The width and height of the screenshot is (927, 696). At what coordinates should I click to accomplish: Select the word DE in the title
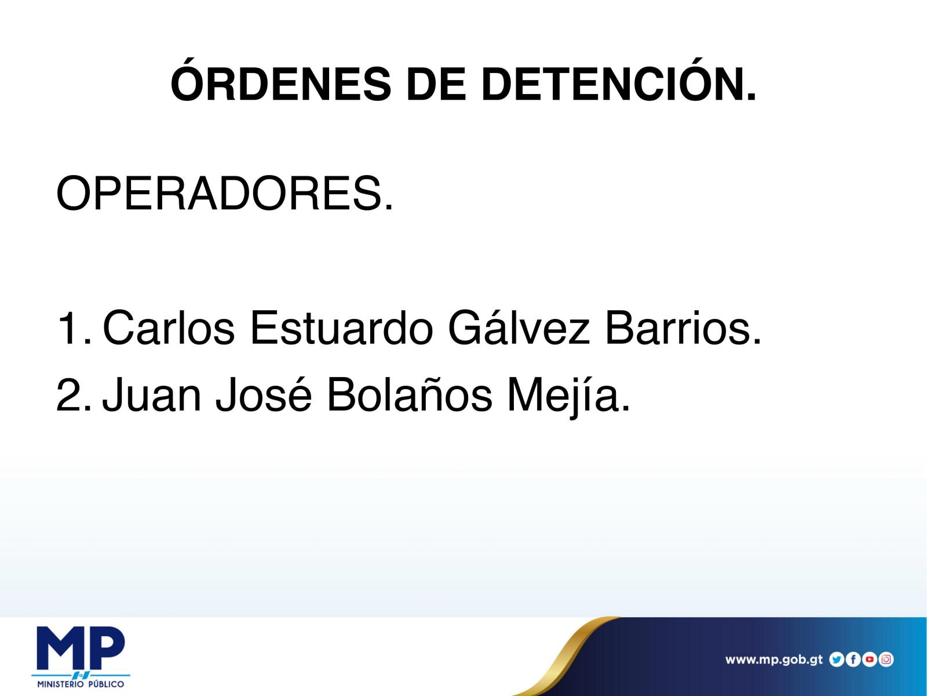[x=436, y=84]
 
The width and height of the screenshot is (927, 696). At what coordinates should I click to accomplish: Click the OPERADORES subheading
[x=224, y=194]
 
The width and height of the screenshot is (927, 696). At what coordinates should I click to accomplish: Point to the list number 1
[x=74, y=328]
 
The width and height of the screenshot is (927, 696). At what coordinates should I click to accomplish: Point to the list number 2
[x=74, y=396]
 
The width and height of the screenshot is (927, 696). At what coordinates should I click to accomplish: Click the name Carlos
[x=168, y=328]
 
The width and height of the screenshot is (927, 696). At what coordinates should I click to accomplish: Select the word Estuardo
[x=341, y=328]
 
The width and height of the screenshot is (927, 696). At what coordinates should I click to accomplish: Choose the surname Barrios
[x=683, y=328]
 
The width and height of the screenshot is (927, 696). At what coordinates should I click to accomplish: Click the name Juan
[x=152, y=395]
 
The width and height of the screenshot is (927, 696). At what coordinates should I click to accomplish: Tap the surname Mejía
[x=568, y=397]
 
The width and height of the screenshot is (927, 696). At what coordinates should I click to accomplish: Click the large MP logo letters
[x=81, y=648]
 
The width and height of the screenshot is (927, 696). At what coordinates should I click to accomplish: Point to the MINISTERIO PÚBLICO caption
[x=81, y=684]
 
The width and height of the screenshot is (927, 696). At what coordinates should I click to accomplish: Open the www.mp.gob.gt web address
[x=773, y=659]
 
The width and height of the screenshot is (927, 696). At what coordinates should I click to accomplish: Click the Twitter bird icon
[x=836, y=659]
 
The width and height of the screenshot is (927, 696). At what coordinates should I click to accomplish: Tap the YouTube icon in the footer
[x=869, y=659]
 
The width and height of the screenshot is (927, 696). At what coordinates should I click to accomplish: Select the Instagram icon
[x=886, y=659]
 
